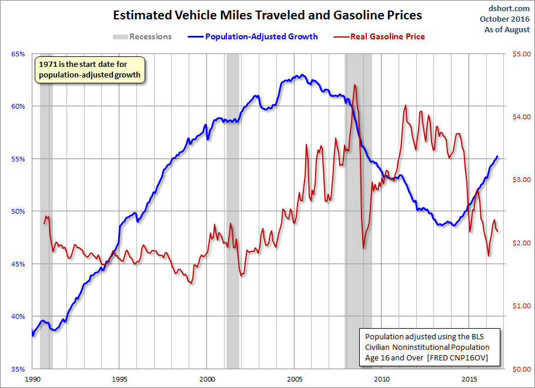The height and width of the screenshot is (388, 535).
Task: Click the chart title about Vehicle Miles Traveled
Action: (267, 15)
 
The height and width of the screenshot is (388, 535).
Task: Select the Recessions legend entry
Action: (142, 36)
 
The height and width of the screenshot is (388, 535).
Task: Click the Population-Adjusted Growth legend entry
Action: (253, 36)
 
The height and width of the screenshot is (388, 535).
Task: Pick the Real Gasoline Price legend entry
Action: (379, 36)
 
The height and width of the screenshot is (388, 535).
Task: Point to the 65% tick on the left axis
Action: (18, 54)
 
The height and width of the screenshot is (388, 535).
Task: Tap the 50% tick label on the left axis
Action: (18, 211)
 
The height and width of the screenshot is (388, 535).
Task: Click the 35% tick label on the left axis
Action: (18, 369)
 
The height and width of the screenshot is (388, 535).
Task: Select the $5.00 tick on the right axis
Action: (521, 54)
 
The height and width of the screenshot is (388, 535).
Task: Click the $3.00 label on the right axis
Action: (521, 180)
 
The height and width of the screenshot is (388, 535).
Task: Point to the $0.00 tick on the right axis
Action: (521, 369)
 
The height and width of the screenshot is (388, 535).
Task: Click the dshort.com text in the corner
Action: (509, 8)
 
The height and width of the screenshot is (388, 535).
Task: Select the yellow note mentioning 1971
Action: (90, 70)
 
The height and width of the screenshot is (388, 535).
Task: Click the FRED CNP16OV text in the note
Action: (457, 357)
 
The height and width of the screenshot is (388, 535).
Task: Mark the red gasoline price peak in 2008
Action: (355, 85)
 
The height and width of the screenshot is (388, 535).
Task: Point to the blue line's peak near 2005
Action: (302, 75)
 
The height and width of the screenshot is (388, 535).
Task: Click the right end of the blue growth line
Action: (497, 156)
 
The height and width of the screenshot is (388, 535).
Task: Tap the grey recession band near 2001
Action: (233, 211)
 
